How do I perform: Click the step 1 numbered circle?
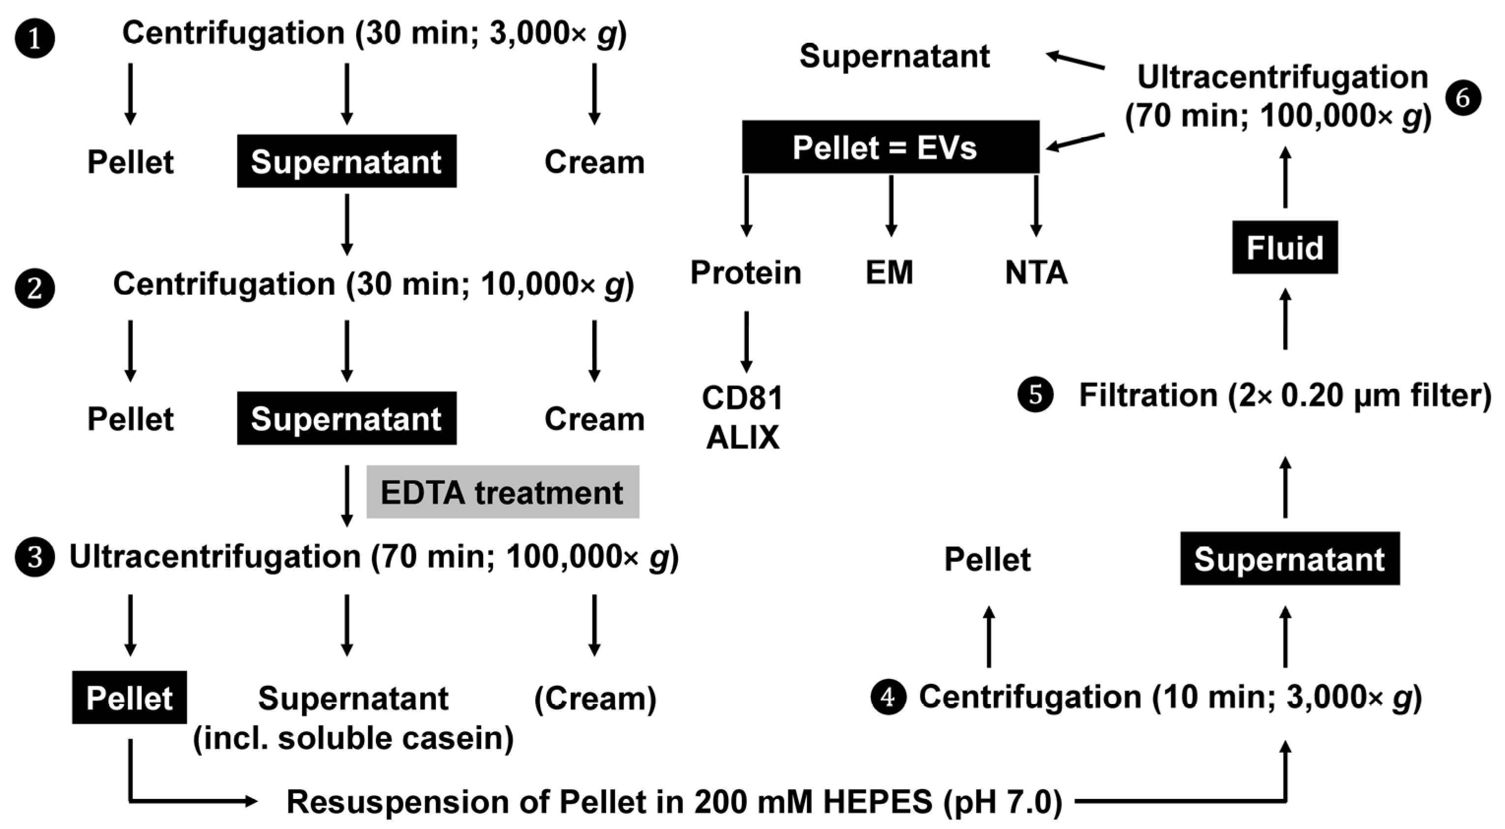coord(34,39)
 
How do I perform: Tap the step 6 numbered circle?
coord(1463,98)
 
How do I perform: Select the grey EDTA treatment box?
coord(502,492)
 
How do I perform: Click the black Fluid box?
coord(1285,247)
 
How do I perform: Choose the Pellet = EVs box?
coord(891,147)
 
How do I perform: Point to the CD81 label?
coord(742,398)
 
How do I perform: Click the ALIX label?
coord(742,437)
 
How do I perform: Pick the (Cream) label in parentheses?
coord(595,698)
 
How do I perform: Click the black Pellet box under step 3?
coord(129,698)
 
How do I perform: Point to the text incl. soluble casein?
coord(353,738)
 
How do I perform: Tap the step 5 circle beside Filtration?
coord(1035,395)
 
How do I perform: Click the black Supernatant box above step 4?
coord(1290,558)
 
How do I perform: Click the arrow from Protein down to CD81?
coord(746,342)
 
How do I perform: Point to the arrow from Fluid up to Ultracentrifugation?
coord(1285,177)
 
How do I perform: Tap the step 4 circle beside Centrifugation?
coord(888,697)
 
